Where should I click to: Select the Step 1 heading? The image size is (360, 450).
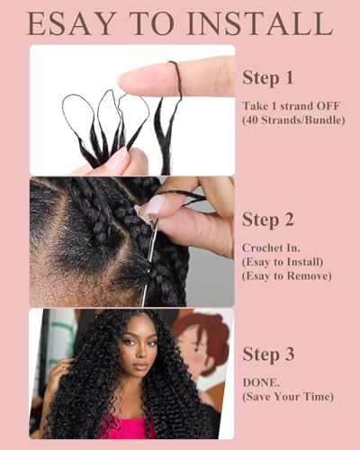point(268,78)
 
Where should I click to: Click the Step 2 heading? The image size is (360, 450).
point(268,220)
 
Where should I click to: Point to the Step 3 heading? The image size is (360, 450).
point(268,354)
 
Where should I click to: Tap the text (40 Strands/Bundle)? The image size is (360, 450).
point(293,120)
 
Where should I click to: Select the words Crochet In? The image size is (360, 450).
point(271,247)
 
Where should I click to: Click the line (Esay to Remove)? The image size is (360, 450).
point(287,276)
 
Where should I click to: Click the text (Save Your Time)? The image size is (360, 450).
point(288,397)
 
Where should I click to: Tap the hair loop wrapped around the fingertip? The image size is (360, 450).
point(176,77)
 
